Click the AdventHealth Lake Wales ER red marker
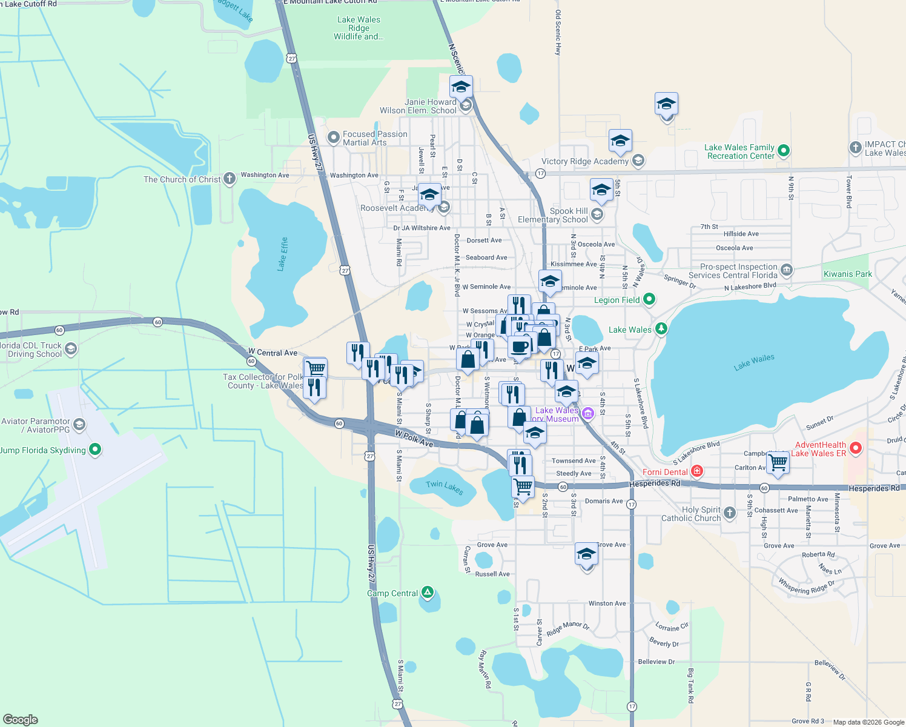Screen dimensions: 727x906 [x=855, y=449]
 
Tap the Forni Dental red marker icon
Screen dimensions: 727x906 [x=697, y=471]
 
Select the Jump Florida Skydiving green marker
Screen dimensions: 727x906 [x=95, y=450]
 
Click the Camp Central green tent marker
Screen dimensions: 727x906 [x=428, y=593]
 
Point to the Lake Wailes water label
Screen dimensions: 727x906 [x=754, y=362]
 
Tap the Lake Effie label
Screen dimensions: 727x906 [x=283, y=254]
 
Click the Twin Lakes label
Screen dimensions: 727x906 [x=445, y=487]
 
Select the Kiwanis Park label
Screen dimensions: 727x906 [x=848, y=274]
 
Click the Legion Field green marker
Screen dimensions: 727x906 [x=649, y=299]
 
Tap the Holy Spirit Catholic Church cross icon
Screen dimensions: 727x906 [x=730, y=513]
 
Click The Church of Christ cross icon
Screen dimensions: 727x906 [x=229, y=179]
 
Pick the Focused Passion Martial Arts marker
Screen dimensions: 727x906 [x=332, y=138]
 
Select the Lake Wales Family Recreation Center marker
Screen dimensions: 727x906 [x=783, y=151]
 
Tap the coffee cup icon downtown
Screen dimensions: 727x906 [x=520, y=347]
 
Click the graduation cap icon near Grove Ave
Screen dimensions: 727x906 [x=586, y=554]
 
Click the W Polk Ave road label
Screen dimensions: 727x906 [x=414, y=439]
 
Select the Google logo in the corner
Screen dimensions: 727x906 [x=20, y=719]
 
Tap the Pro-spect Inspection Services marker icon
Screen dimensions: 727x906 [x=786, y=270]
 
